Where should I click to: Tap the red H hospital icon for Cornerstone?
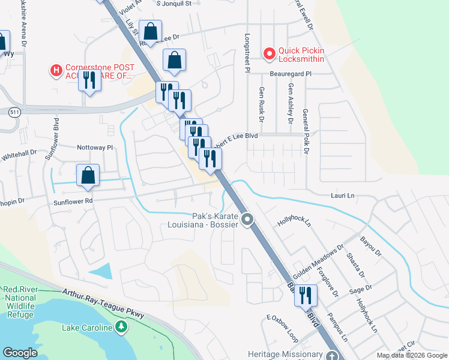tap(56, 71)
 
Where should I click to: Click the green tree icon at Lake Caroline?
tap(122, 327)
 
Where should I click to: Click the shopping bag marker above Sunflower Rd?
tap(88, 175)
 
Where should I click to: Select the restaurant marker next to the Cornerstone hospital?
tap(89, 80)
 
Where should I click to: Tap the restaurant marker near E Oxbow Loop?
tap(306, 296)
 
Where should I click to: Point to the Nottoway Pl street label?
tap(95, 147)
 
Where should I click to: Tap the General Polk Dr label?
tap(306, 131)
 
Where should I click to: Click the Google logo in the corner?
tap(20, 353)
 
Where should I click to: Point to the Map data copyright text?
tap(411, 355)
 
